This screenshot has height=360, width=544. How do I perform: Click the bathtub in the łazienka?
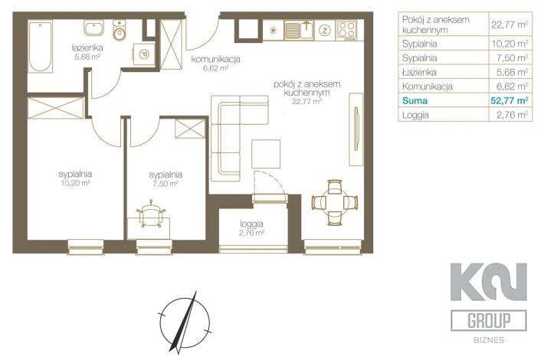(41, 47)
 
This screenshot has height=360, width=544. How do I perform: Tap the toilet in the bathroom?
(120, 31)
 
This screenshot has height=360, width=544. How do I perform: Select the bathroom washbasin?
(94, 28)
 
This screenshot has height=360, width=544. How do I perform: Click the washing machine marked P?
(143, 54)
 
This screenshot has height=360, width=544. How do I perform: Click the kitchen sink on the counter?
(299, 30)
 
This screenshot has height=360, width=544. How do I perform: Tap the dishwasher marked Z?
(325, 30)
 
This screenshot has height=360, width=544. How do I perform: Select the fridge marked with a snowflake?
(274, 30)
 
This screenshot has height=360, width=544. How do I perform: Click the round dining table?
(335, 202)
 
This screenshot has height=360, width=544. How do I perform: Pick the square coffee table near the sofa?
(266, 154)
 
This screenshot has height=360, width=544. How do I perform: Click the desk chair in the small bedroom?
(151, 214)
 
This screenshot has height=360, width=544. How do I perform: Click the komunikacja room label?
(216, 59)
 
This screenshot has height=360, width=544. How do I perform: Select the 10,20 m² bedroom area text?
(75, 183)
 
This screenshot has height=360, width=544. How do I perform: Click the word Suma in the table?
(415, 101)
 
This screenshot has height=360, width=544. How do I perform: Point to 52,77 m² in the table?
(510, 100)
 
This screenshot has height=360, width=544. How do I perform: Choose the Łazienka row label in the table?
(419, 73)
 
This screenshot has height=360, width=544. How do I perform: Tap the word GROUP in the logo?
(489, 320)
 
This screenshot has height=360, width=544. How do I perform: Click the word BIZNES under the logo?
(489, 340)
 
